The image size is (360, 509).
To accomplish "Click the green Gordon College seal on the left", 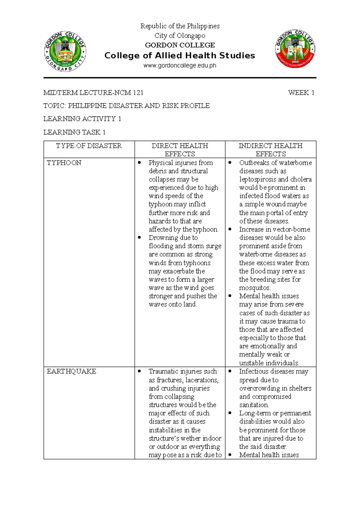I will coord(65,51).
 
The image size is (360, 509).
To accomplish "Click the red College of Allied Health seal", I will coord(295,49).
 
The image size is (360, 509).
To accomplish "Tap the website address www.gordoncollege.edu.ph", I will coord(180,65).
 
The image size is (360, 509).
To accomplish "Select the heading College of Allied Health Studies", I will coord(180,56).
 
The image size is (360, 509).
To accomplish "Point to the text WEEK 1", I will coord(301,93).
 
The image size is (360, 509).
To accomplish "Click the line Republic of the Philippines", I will coord(180,26).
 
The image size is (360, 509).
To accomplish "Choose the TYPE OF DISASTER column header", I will coord(89,146).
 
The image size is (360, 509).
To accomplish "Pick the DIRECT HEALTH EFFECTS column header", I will coord(180,150).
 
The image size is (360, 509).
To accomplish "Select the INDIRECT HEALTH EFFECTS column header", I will coord(270,150).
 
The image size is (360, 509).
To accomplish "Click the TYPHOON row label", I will coord(64,163).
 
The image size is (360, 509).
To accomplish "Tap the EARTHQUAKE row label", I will coord(71,371).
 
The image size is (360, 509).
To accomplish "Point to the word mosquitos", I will coord(255,288).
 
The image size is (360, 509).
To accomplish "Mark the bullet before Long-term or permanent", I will coord(230,413).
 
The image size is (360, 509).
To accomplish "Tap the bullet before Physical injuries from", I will coord(139,163).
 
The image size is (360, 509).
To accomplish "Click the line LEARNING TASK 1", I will coord(74,132).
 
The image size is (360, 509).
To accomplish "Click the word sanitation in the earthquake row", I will coord(254,405).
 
